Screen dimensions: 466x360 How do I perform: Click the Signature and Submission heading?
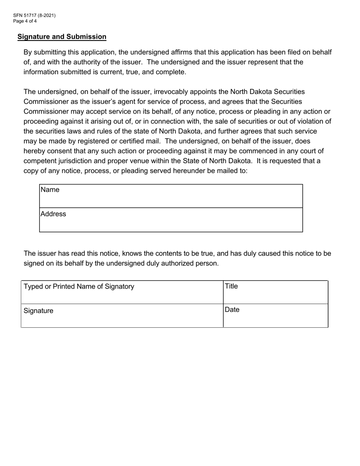pos(62,37)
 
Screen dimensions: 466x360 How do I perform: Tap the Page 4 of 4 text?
pos(25,21)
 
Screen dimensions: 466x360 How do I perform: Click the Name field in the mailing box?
pos(171,196)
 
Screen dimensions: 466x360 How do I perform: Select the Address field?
pos(171,220)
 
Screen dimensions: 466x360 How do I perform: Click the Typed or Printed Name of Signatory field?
pos(122,292)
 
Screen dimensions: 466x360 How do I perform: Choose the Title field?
pos(275,292)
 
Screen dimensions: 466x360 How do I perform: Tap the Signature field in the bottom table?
pos(122,316)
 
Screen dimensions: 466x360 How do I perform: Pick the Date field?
pos(275,316)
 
